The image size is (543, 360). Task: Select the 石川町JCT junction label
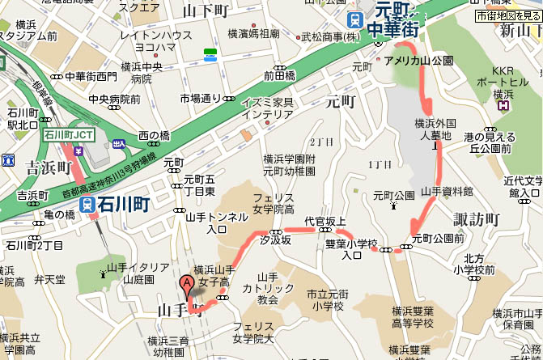click(x=72, y=134)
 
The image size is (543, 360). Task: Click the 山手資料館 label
click(x=448, y=191)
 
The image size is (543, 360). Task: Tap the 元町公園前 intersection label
click(x=437, y=238)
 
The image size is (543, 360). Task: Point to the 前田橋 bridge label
click(x=279, y=75)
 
